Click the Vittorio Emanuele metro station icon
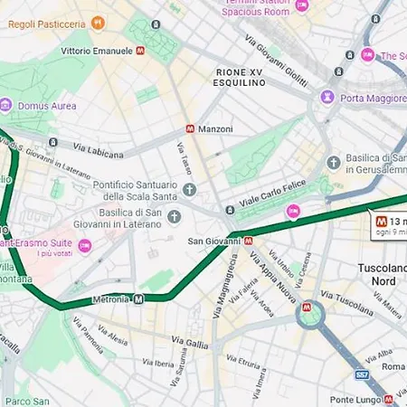140,52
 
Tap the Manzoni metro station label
215,129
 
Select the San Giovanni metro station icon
248,241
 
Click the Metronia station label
110,298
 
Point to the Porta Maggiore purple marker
327,97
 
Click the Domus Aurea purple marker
6,106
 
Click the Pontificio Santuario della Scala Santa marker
189,189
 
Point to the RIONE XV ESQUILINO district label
241,77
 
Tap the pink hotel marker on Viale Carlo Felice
292,212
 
